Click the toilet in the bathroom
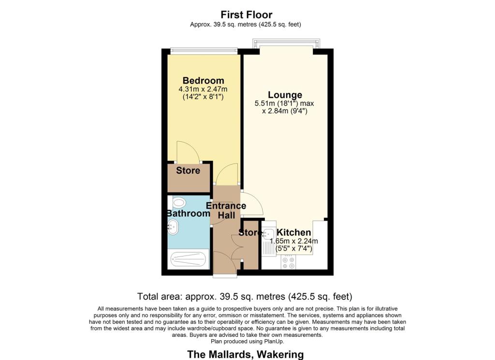coord(178,202)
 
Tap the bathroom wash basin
coord(173,226)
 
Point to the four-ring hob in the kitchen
coord(289,262)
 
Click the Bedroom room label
coord(203,81)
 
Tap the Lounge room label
coord(285,95)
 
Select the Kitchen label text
coord(293,233)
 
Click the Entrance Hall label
coord(226,210)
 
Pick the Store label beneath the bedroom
coord(188,170)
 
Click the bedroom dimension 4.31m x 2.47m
coord(203,89)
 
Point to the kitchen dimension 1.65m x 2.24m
coord(293,241)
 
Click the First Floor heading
coord(247,15)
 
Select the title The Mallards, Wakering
coord(246,354)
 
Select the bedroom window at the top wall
coord(204,49)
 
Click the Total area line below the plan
coord(245,296)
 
